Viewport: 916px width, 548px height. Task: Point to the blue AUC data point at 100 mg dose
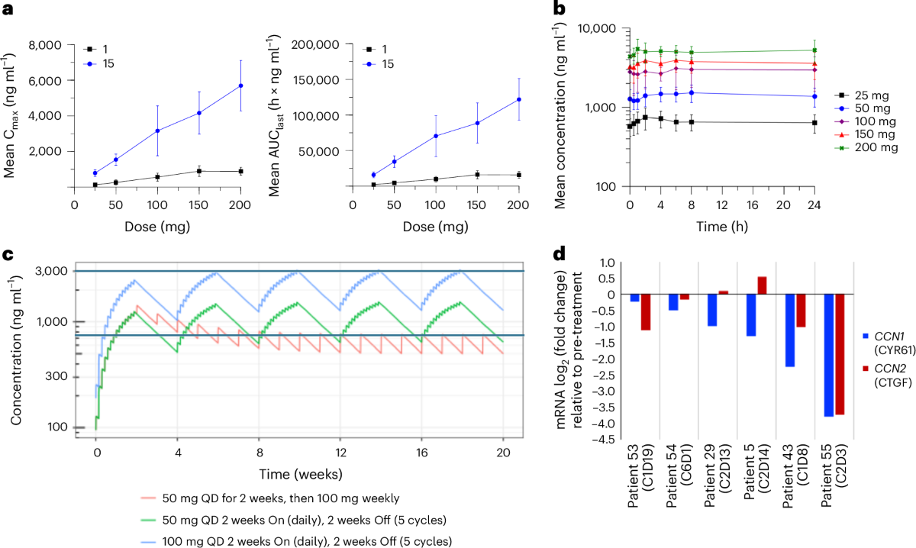point(437,136)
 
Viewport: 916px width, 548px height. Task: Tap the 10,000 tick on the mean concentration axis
point(598,28)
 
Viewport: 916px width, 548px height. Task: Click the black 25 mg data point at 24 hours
point(814,123)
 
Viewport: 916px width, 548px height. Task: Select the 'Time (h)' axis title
point(721,227)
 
